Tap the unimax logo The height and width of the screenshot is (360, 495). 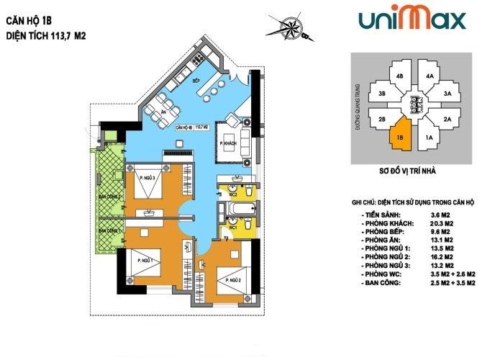click(412, 19)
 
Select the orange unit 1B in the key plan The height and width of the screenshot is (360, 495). click(400, 136)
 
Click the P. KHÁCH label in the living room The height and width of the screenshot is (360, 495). click(230, 144)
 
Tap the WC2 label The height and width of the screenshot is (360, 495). click(234, 194)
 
